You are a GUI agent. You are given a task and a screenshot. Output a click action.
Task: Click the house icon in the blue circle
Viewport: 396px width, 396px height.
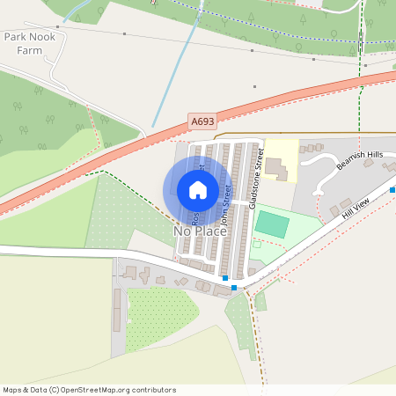tap(198, 190)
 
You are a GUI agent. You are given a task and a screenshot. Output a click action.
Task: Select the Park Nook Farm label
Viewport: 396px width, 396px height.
tap(29, 44)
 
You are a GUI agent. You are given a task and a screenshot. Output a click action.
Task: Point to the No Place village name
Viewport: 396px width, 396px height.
tap(200, 231)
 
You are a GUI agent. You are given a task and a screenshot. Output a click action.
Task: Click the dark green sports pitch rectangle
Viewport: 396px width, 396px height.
tap(271, 224)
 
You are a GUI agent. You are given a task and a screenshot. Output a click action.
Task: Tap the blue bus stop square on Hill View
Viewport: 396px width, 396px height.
tap(234, 287)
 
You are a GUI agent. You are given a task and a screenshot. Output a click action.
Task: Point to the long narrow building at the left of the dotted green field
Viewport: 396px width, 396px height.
tap(116, 310)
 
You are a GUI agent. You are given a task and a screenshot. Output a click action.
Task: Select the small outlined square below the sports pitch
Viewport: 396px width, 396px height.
tap(253, 272)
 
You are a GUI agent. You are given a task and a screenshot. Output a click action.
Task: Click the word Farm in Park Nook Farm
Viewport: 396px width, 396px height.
tap(29, 50)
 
